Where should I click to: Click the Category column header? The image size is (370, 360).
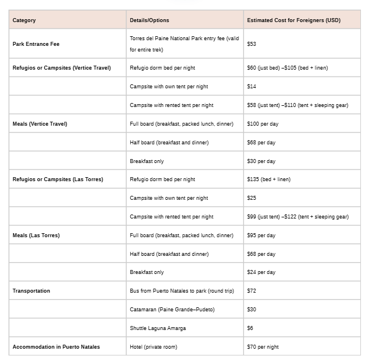[24, 20]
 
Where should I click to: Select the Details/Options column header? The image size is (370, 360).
[149, 20]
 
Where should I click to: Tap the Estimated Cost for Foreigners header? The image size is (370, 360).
[294, 20]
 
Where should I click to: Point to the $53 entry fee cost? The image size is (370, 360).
[252, 44]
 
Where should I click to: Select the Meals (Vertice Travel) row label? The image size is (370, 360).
[40, 124]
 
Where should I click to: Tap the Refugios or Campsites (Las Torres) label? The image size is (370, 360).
[61, 179]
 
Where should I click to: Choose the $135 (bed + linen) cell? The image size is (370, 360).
[269, 179]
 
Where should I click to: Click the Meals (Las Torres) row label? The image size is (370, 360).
[36, 235]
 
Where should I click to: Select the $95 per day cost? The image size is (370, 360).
[261, 235]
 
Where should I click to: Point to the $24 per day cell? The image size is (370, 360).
[261, 272]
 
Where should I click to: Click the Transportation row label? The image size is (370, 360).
[31, 291]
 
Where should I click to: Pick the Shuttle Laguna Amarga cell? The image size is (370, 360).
[158, 328]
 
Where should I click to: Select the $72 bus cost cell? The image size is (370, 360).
[252, 291]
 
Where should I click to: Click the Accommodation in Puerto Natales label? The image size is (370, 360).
[56, 347]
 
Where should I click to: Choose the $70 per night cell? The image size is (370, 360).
[263, 347]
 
